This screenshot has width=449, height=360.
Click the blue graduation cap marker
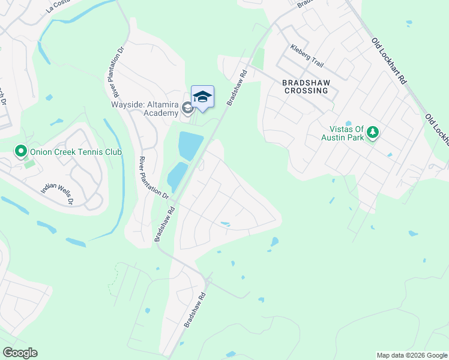202,97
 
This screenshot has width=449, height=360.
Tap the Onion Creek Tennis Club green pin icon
21,151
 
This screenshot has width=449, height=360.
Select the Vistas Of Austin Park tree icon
373,131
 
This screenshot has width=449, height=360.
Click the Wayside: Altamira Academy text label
145,107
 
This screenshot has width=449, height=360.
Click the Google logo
20,353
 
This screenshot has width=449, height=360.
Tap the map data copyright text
412,355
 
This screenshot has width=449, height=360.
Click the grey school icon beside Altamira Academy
187,109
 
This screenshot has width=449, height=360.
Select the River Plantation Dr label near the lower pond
154,178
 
